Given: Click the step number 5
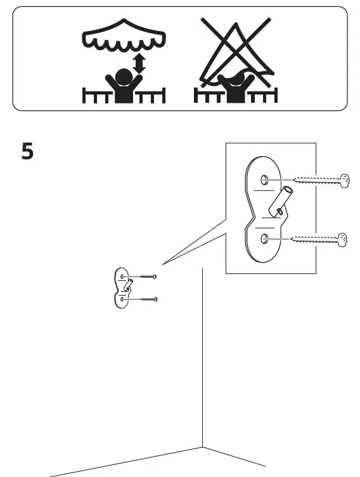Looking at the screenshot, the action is (x=27, y=151).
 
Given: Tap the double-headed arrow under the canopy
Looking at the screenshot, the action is (x=139, y=63).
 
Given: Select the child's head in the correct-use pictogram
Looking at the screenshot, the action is (x=124, y=76).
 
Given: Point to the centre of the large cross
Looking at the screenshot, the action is (x=236, y=52).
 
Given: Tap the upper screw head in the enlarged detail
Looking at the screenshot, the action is (x=345, y=181).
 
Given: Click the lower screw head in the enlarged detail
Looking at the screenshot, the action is (x=342, y=240).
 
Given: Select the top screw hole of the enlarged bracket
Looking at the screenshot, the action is (x=265, y=180).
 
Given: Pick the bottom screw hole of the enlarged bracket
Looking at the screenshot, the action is (x=265, y=238).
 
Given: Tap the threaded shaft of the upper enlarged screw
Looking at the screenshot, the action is (x=316, y=180).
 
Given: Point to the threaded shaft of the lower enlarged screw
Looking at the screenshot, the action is (x=314, y=240).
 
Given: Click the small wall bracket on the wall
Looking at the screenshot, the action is (x=122, y=288).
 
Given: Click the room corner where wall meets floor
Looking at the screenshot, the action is (x=203, y=447).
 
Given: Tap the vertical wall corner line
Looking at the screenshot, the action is (x=203, y=358).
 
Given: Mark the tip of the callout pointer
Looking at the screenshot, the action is (x=162, y=265).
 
